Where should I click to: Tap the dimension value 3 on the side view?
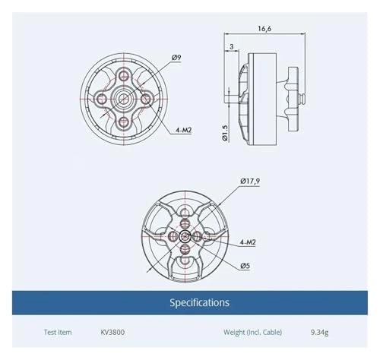[x=230, y=47]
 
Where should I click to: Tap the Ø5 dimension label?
[x=245, y=266]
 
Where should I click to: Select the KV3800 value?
[x=113, y=333]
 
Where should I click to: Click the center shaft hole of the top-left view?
[x=124, y=99]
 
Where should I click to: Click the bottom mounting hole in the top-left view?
[x=124, y=123]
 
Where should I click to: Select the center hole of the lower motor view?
[x=185, y=237]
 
